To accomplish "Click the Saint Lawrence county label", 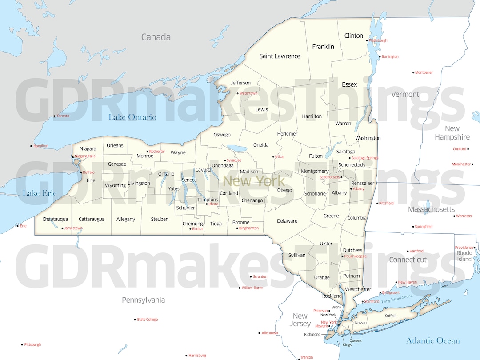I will click(280, 56).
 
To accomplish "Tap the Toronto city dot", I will click(55, 116).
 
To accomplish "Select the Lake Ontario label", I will click(132, 117).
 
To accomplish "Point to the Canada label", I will click(156, 37).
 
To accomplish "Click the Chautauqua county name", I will click(55, 219).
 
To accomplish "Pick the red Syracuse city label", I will click(234, 160).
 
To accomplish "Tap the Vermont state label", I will click(405, 94).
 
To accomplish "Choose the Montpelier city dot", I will click(413, 72).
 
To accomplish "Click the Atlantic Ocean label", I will click(432, 341).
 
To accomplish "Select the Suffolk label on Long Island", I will click(391, 316).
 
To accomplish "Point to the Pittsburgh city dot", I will click(22, 344).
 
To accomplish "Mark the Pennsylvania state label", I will click(143, 300).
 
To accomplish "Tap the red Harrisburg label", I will click(197, 356).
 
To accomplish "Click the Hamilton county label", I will click(312, 116).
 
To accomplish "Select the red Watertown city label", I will click(248, 93).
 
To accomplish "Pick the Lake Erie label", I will click(40, 193).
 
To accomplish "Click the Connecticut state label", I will click(408, 260).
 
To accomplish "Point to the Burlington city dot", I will click(380, 57).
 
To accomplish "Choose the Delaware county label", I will click(287, 221).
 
